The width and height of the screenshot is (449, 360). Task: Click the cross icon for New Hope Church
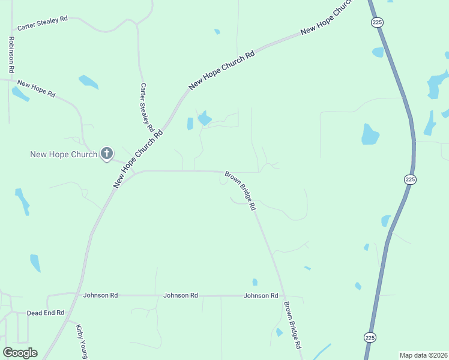106,154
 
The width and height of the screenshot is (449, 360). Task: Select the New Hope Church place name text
64,154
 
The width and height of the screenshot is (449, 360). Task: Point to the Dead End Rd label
46,313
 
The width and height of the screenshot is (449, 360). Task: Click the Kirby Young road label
82,341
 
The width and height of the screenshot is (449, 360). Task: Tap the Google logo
20,352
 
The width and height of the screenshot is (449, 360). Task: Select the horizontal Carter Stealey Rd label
42,23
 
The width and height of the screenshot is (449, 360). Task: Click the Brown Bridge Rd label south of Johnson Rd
292,325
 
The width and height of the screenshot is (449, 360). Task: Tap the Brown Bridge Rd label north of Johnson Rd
241,190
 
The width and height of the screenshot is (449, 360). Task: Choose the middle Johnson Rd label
181,295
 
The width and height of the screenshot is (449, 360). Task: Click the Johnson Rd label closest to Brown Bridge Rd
261,296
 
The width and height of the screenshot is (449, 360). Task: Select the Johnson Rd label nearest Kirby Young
100,295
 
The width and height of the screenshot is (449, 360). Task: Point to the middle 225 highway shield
411,179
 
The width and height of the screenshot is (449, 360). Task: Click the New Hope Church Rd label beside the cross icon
138,159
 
